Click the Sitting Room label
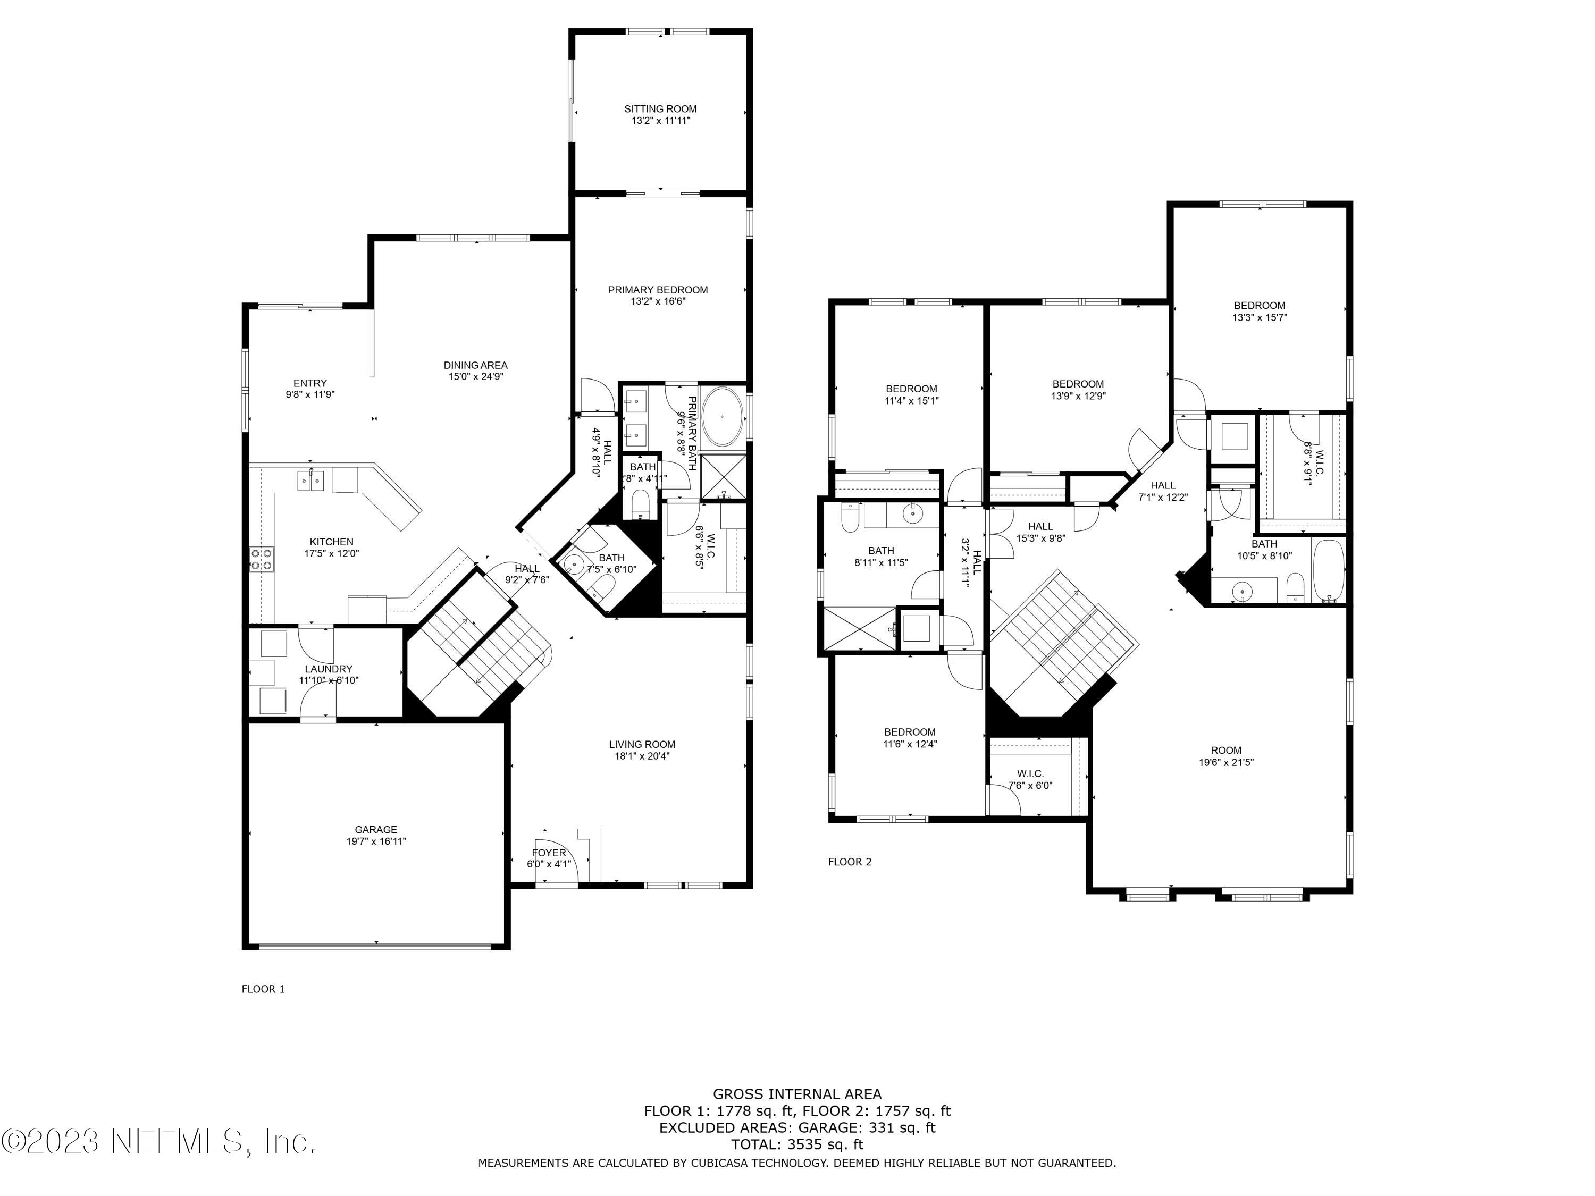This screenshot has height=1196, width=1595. point(660,109)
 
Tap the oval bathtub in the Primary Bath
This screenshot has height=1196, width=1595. point(723,417)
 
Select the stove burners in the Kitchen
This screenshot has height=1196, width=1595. point(262,559)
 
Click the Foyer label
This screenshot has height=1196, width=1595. point(549,853)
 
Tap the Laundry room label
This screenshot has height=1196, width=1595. point(328,669)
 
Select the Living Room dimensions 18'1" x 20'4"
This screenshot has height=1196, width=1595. point(642,756)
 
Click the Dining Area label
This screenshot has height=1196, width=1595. point(475,365)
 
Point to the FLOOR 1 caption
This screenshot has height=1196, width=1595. point(263,989)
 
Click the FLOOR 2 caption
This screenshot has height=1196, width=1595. point(850,862)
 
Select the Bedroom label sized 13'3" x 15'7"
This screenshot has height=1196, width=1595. point(1259,305)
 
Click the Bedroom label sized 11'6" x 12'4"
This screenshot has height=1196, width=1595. point(909,732)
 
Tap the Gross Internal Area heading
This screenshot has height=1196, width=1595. point(797,1094)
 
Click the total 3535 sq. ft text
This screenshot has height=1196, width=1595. point(797,1144)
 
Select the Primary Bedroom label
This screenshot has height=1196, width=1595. point(658,290)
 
